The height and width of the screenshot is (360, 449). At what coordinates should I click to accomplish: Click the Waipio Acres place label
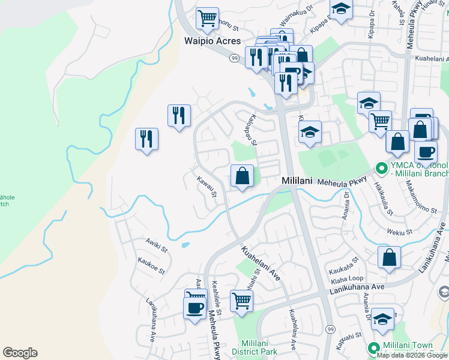[x=212, y=41]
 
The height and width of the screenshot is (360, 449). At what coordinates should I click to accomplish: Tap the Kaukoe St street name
[x=151, y=267]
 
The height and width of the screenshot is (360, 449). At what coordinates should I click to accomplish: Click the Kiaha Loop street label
[x=342, y=278]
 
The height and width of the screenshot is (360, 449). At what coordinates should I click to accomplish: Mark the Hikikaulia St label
[x=384, y=199]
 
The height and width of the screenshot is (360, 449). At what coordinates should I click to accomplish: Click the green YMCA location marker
[x=379, y=167]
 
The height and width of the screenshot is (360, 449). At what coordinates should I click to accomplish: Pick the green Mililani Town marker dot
[x=373, y=347]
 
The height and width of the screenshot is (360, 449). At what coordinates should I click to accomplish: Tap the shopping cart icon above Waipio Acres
[x=207, y=18]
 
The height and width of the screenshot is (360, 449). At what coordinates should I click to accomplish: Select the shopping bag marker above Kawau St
[x=242, y=176]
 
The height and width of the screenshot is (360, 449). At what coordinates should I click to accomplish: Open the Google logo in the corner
[x=20, y=353]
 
